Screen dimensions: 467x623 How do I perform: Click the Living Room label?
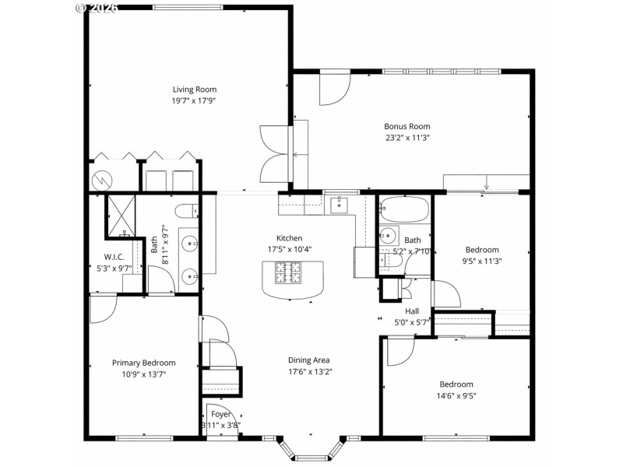pos(194,90)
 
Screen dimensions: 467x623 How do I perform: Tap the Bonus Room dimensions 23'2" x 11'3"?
pos(407,137)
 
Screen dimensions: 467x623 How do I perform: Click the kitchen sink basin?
pos(340,205)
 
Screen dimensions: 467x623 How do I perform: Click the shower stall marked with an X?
pos(121,214)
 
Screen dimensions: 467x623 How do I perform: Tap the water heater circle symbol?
pos(102,180)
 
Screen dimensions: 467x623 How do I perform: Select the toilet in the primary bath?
pos(185,211)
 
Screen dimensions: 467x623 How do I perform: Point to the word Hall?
pos(412,311)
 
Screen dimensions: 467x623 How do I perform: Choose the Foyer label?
pos(220,415)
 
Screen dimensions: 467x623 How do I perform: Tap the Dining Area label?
pos(309,360)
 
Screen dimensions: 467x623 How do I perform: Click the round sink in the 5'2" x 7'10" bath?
pos(388,237)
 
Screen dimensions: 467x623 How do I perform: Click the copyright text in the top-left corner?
pos(97,7)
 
